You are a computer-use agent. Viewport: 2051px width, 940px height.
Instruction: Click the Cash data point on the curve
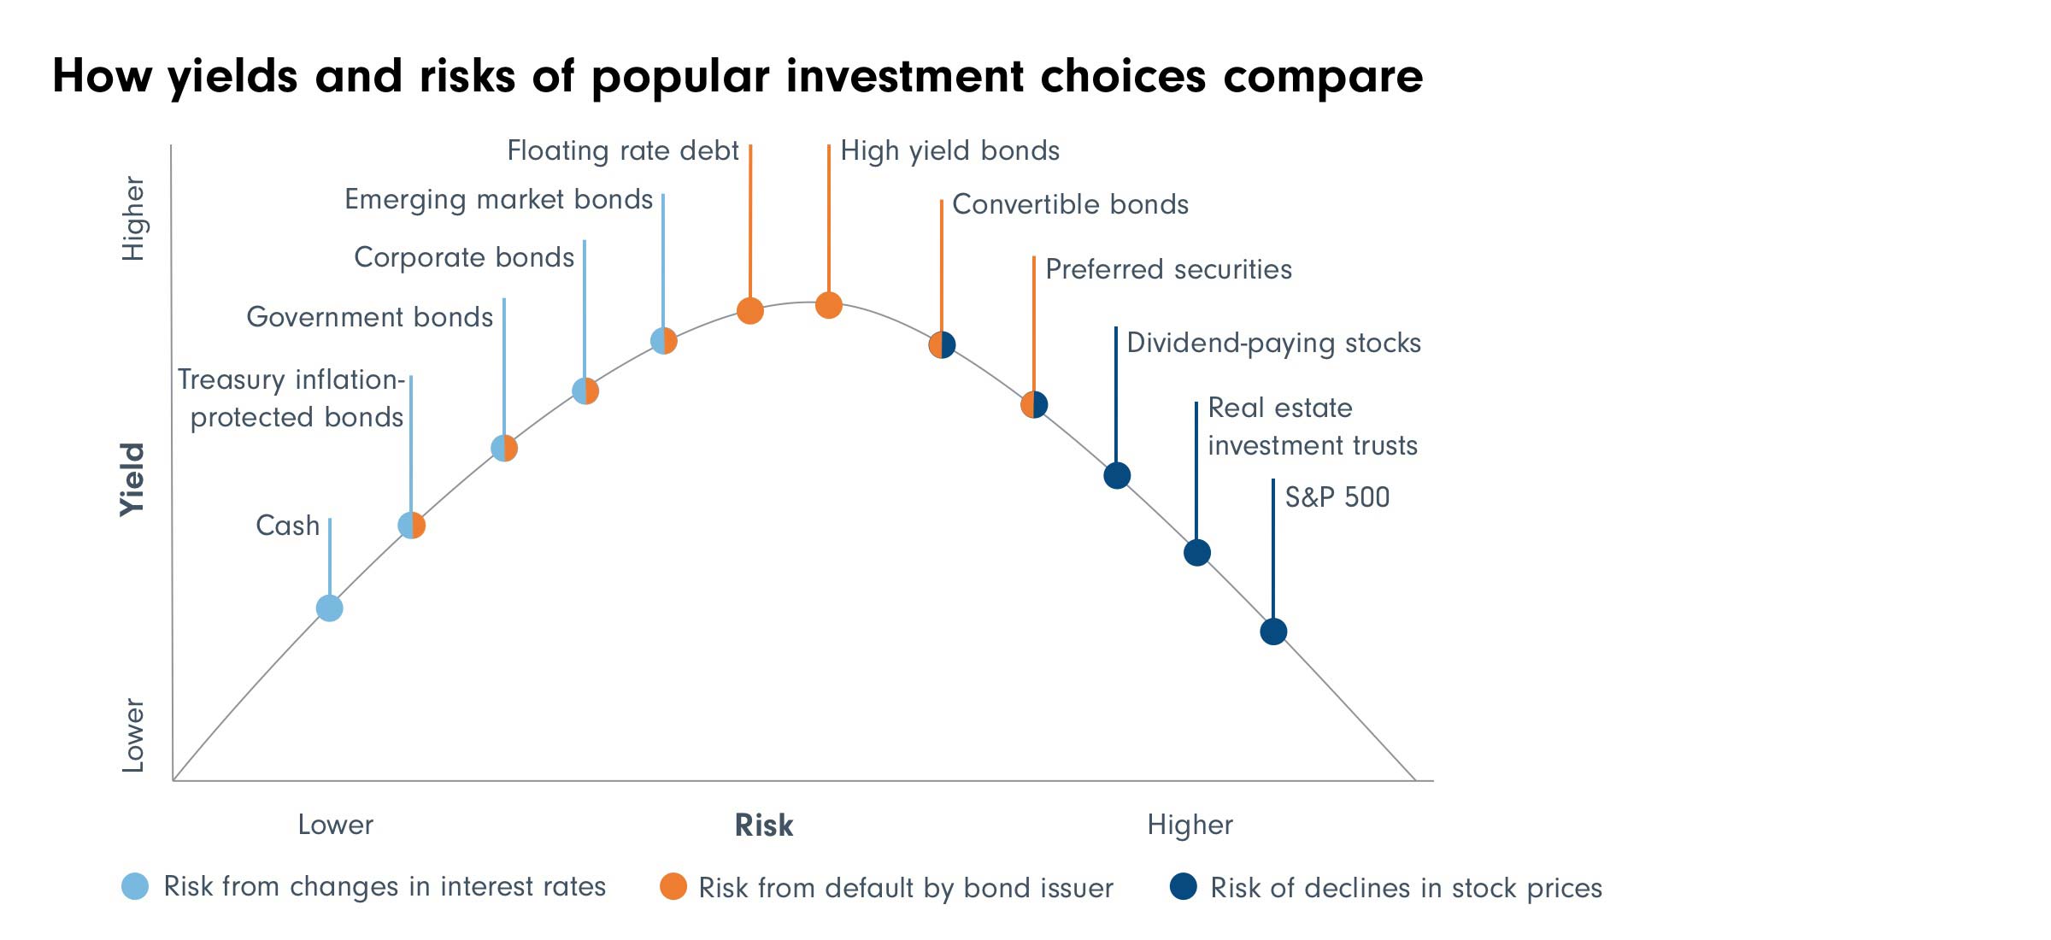tap(329, 608)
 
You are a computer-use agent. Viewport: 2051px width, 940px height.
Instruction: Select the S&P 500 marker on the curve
tap(1273, 632)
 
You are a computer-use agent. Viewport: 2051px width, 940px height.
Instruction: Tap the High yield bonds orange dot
tap(828, 305)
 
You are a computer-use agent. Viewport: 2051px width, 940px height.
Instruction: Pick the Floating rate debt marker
tap(749, 311)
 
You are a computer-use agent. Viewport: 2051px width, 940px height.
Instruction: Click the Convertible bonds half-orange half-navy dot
tap(942, 345)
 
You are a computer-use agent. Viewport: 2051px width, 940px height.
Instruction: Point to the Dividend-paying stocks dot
tap(1117, 475)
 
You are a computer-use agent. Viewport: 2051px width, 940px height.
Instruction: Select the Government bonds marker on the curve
tap(504, 448)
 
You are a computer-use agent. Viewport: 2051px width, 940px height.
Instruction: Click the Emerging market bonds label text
tap(498, 199)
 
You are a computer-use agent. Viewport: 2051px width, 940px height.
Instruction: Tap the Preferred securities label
tap(1168, 269)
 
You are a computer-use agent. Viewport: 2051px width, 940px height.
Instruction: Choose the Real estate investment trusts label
tap(1312, 426)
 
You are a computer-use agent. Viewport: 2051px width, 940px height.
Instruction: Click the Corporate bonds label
tap(463, 257)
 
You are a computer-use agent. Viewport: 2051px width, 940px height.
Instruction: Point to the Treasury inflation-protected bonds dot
tap(412, 526)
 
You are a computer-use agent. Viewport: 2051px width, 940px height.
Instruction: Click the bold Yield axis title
tap(132, 479)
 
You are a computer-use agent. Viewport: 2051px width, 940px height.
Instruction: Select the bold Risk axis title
tap(764, 825)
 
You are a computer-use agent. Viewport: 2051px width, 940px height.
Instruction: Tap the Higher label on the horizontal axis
tap(1190, 825)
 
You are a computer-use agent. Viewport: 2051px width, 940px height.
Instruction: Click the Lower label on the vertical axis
tap(133, 735)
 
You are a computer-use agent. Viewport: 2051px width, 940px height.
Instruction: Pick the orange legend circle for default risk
tap(673, 887)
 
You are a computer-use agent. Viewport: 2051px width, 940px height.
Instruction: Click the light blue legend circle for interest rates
tap(135, 886)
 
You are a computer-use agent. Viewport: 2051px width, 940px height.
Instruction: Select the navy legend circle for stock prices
tap(1184, 887)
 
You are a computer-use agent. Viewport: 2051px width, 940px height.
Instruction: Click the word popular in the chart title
tap(680, 77)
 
